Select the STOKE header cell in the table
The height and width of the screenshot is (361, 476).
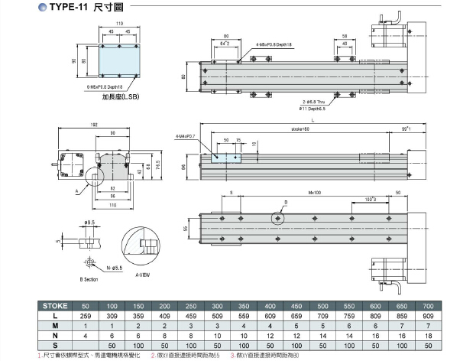[59, 306]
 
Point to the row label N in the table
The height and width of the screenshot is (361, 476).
[59, 334]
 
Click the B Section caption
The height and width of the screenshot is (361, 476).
[92, 278]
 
